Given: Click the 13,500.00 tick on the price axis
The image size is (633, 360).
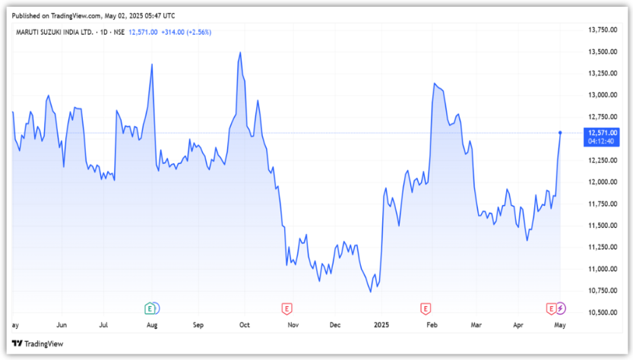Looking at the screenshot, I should coord(602,52).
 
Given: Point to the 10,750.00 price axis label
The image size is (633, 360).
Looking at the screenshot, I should coord(602,291).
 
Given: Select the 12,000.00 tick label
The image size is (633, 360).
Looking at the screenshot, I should coord(602,182).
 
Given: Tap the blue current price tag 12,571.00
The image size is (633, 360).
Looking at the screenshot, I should coord(602,132).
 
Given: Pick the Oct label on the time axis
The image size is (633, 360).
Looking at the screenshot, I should coord(245,325).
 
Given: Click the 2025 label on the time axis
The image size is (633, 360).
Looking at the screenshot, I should coord(381,325).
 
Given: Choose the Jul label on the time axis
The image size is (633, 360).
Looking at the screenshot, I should coord(104,325).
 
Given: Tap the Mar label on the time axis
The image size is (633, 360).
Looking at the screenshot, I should coord(476,325).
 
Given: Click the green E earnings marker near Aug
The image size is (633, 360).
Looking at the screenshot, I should coord(150,308).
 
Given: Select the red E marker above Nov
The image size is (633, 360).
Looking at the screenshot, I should coord(287,308).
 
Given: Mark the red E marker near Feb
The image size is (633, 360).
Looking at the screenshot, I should coord(426,308).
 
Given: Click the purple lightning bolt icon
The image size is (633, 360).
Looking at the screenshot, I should coord(561,308).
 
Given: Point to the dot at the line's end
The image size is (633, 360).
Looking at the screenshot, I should coord(560,133).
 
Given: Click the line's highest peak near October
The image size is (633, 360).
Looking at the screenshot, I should coord(240,53).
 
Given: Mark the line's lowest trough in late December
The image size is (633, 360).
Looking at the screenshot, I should coord(370,291).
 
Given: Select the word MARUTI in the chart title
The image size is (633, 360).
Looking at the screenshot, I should coord(29,32).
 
